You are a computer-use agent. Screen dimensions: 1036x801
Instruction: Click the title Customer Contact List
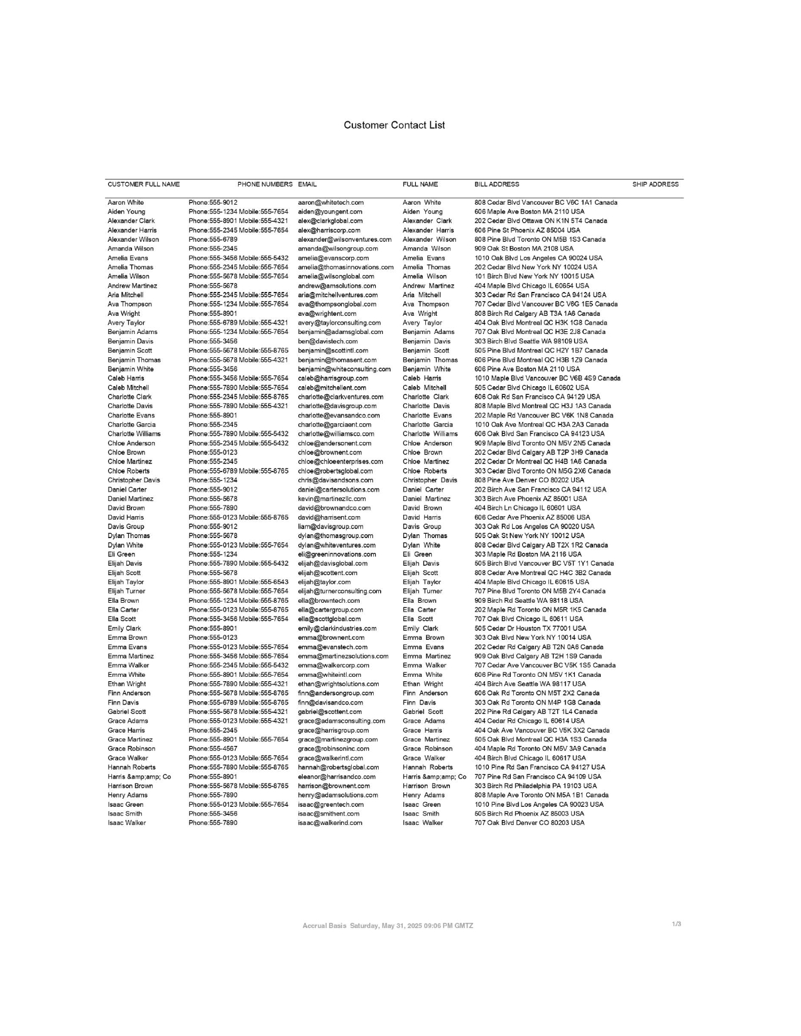[x=394, y=125]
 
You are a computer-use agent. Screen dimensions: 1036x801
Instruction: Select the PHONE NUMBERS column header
[x=264, y=185]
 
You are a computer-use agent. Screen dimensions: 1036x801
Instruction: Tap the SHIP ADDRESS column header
[x=655, y=185]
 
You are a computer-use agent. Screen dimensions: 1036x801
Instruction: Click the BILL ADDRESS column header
[x=496, y=185]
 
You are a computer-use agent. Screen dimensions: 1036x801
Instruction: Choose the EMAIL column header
[x=307, y=185]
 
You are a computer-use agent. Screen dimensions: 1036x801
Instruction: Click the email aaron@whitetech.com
[x=330, y=203]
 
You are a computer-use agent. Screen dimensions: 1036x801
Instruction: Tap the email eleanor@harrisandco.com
[x=336, y=777]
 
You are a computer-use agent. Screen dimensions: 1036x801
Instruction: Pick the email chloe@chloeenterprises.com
[x=340, y=462]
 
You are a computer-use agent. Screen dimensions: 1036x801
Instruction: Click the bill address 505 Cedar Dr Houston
[x=530, y=629]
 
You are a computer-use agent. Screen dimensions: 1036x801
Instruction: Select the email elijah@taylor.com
[x=324, y=582]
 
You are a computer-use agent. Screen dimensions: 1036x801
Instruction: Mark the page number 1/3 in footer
[x=677, y=924]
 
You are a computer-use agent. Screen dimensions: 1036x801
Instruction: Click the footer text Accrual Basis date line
[x=388, y=926]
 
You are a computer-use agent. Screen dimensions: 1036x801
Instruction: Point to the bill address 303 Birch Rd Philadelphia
[x=535, y=786]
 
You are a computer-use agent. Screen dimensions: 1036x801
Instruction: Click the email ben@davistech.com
[x=327, y=342]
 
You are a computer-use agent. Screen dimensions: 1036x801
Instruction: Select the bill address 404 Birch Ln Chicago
[x=527, y=508]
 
